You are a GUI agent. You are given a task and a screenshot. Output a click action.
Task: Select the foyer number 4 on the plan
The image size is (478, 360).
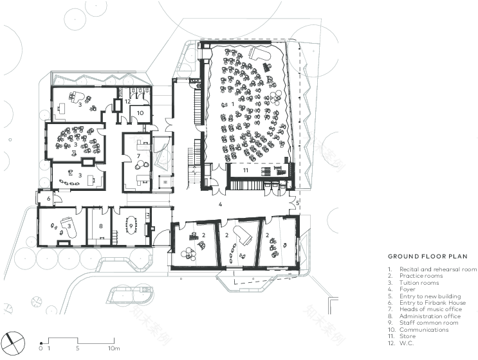click(219, 204)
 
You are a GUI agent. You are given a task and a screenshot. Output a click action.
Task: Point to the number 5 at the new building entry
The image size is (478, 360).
click(297, 203)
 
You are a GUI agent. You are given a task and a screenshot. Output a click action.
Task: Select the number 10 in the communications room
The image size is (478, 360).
click(140, 113)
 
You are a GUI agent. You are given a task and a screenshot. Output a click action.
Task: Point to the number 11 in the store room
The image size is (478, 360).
click(246, 171)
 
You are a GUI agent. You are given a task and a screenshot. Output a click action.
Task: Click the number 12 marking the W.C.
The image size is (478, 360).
click(128, 102)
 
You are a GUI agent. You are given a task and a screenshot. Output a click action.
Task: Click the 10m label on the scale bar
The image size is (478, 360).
click(109, 348)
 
